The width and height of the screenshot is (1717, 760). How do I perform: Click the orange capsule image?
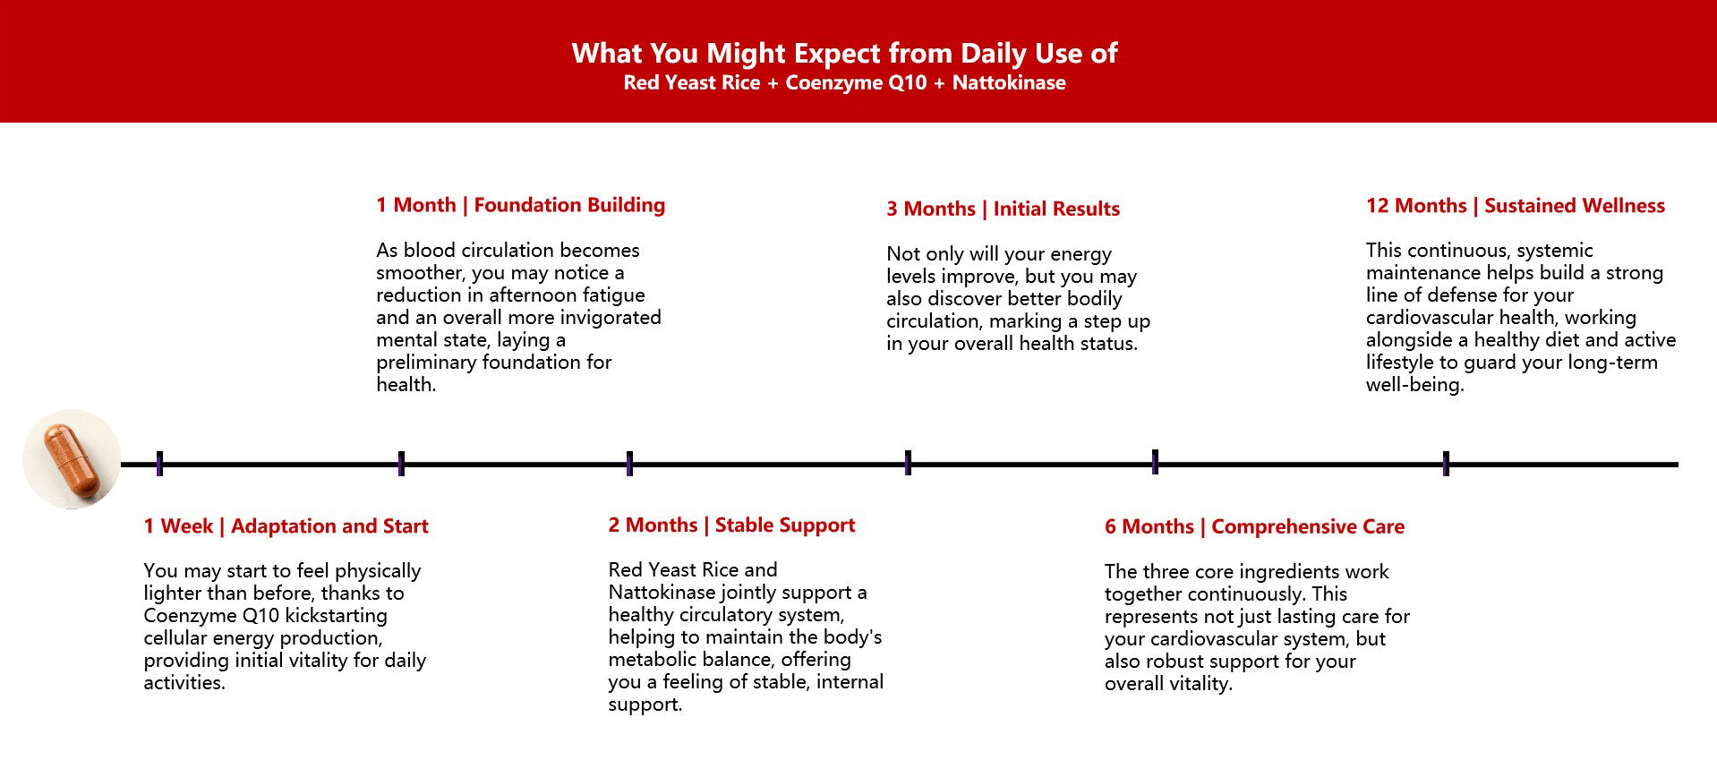(x=72, y=459)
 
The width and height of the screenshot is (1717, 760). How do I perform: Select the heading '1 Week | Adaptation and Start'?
(x=286, y=526)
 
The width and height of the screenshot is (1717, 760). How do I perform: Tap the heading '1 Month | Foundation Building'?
(x=521, y=205)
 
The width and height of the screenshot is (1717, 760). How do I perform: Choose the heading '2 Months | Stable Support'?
(x=731, y=525)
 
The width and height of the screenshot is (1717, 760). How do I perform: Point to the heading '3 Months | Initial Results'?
(x=1003, y=209)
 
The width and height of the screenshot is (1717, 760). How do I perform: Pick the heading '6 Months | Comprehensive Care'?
(x=1254, y=526)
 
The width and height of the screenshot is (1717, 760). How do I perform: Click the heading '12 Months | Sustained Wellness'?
(x=1516, y=206)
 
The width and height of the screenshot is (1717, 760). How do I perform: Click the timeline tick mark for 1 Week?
(x=159, y=464)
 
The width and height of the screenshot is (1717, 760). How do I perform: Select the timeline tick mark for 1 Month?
(x=401, y=464)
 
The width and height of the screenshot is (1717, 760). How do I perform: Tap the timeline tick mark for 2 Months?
(x=629, y=464)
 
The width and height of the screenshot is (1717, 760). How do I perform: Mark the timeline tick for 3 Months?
(x=908, y=463)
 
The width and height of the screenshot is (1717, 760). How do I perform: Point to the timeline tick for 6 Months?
(x=1155, y=462)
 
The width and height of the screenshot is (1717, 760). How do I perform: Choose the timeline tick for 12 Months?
(x=1446, y=464)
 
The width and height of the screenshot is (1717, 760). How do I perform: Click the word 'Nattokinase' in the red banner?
(x=1009, y=82)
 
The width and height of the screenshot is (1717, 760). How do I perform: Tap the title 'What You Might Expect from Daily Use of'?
(x=845, y=54)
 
